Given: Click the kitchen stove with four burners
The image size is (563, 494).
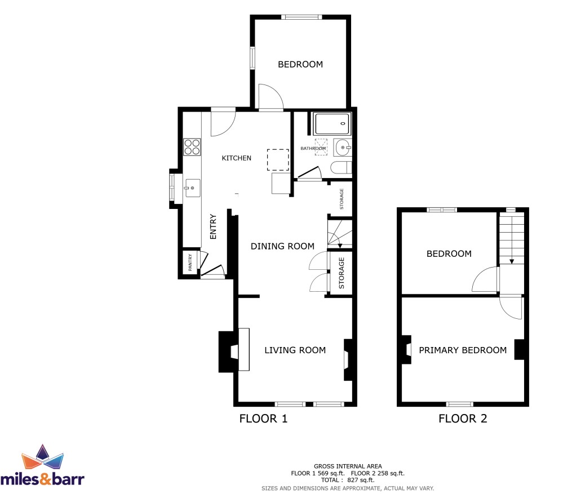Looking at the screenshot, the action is coord(192,147).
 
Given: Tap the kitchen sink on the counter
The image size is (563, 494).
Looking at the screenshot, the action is coord(192,188).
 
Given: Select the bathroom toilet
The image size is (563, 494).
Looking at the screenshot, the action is coord(341,168).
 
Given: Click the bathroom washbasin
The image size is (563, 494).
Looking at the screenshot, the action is coord(343,148).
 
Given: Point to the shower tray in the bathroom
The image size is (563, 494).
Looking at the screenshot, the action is coord(331,124).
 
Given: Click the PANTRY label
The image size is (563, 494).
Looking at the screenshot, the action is coord(190,262).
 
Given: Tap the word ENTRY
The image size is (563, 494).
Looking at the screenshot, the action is coord(213,227).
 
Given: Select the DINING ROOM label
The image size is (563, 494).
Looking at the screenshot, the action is coord(282,246).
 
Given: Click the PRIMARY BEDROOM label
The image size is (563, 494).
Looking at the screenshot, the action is coord(463,350).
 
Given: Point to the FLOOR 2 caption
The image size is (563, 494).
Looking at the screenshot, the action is coord(463,419).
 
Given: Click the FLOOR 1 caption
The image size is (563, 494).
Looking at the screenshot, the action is coord(264,419).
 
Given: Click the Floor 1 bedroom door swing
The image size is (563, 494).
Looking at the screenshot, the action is coord(271,96).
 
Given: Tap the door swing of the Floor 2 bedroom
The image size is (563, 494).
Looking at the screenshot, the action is coord(485,279).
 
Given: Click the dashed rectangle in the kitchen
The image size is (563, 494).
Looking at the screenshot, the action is coord(278,159).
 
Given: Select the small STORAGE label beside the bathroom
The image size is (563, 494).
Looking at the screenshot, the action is coord(342,199).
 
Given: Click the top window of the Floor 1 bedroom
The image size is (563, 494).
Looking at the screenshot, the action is coord(302,17).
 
